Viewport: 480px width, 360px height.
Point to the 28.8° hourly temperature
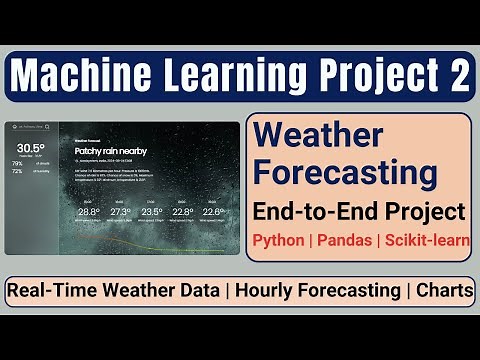pos(89,211)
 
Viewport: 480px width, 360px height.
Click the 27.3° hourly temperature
pos(121,211)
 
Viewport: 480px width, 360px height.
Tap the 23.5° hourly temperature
pos(153,211)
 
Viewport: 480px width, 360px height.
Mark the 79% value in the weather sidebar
pos(17,163)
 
